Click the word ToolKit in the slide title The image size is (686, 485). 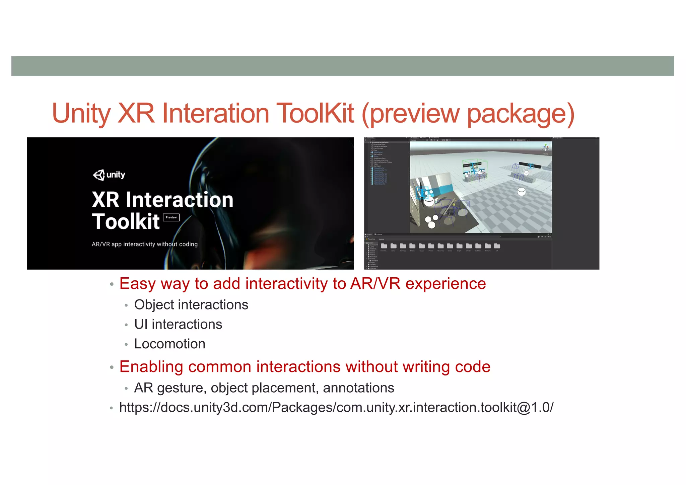[x=315, y=113]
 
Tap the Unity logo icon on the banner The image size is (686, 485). [x=99, y=175]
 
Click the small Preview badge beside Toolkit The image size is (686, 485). [x=171, y=217]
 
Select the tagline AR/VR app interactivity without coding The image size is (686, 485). [x=145, y=244]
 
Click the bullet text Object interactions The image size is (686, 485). [x=191, y=305]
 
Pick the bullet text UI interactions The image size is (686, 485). [x=178, y=324]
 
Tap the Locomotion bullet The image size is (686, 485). [x=169, y=344]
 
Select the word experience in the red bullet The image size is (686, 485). [x=445, y=284]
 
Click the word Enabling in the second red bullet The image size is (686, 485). [x=151, y=367]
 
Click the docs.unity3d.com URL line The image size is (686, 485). [x=336, y=407]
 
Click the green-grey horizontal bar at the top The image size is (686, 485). [x=342, y=66]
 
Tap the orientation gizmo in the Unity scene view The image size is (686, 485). [x=545, y=147]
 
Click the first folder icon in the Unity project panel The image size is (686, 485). [x=384, y=246]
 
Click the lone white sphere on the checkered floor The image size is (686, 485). [x=522, y=192]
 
